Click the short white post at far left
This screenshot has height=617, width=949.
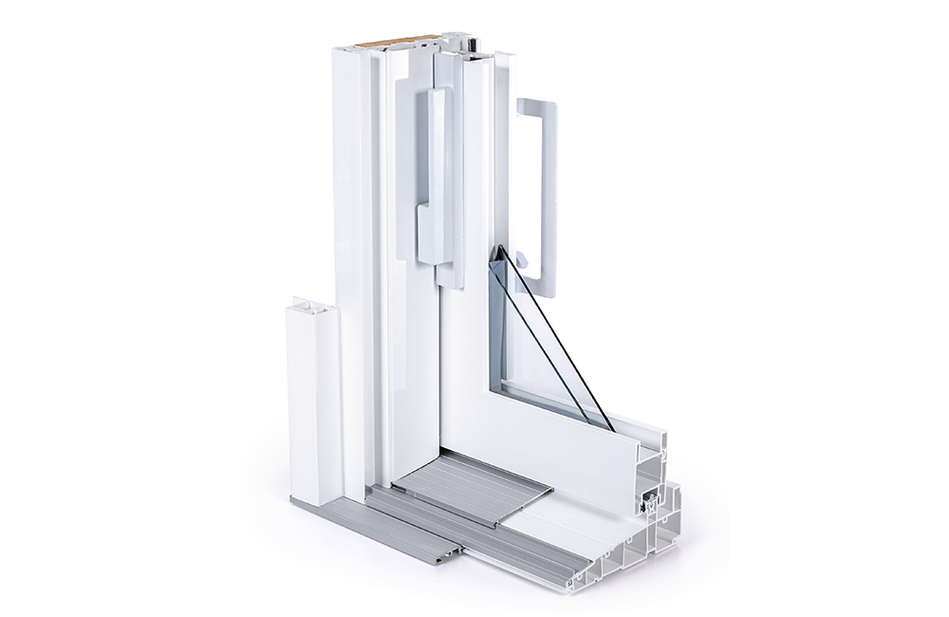click(313, 408)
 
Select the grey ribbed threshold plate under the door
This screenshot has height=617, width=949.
click(472, 484)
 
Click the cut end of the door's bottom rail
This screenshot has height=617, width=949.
click(650, 456)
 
